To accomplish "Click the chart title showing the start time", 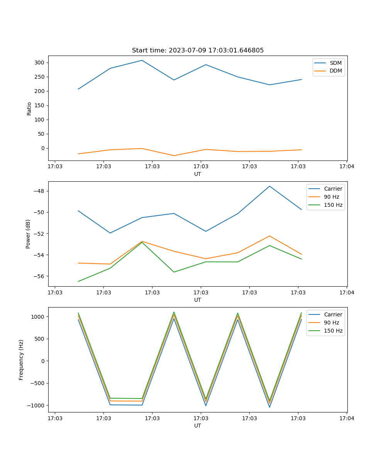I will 198,51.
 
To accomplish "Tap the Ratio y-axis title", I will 29,108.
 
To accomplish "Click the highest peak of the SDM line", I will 142,61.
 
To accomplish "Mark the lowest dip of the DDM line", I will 174,155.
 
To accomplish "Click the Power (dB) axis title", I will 28,234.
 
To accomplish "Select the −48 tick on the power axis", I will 39,191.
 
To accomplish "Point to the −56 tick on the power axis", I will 39,276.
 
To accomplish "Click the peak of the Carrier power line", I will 269,186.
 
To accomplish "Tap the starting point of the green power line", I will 78,281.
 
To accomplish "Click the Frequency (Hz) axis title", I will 21,360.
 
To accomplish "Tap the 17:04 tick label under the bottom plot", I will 346,418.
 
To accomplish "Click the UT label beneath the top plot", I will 198,174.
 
